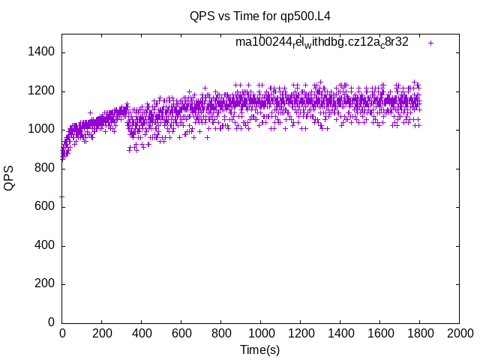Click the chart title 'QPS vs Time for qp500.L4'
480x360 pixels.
pyautogui.click(x=260, y=15)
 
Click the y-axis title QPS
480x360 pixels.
pyautogui.click(x=9, y=178)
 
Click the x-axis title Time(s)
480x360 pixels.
pyautogui.click(x=260, y=350)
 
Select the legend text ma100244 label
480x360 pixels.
pyautogui.click(x=322, y=42)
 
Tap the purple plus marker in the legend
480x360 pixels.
pyautogui.click(x=430, y=43)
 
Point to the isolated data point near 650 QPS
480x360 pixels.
pyautogui.click(x=61, y=196)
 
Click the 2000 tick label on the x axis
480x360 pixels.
pyautogui.click(x=459, y=333)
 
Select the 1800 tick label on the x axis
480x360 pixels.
pyautogui.click(x=419, y=333)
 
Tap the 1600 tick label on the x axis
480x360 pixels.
pyautogui.click(x=379, y=333)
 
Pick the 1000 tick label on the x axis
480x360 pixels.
pyautogui.click(x=260, y=333)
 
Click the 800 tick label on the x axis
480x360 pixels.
pyautogui.click(x=220, y=333)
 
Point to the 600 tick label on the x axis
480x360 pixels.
pyautogui.click(x=181, y=333)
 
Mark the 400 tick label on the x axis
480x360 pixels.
pyautogui.click(x=141, y=333)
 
